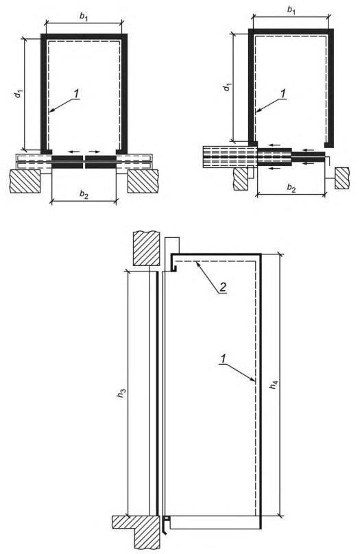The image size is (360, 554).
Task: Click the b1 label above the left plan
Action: point(84,17)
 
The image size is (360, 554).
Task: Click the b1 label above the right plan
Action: point(291,10)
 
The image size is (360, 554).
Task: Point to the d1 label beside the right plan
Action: point(228,86)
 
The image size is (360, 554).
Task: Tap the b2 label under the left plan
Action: point(84,194)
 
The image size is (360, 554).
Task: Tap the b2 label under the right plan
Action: point(291,188)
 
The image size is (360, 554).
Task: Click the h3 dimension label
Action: point(121,393)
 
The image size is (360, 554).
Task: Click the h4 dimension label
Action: point(274,385)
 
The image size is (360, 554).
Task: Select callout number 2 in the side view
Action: point(223,287)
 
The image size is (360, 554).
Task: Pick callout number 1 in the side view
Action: point(223,359)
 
